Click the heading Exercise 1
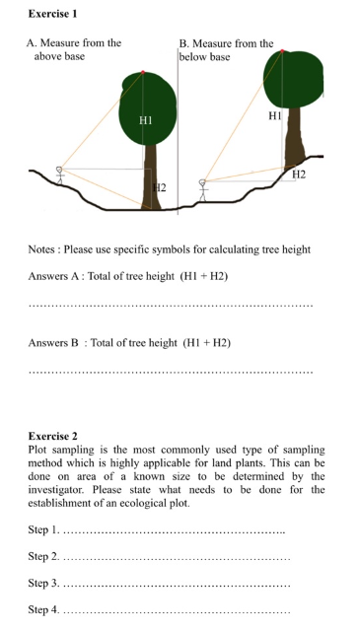click(53, 13)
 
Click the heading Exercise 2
click(53, 436)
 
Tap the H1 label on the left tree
click(145, 118)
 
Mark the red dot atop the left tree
click(144, 73)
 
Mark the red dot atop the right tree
click(282, 51)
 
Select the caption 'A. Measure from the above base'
click(73, 49)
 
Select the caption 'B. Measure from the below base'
click(226, 50)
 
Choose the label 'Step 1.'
click(43, 532)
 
